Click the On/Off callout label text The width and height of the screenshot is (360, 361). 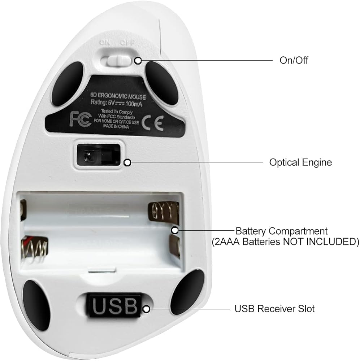(x=294, y=60)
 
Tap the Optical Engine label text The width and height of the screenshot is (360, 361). (x=300, y=162)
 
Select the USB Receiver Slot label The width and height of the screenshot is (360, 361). (x=274, y=309)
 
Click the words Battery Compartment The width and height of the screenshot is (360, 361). (x=282, y=231)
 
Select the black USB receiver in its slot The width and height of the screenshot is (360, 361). (x=114, y=306)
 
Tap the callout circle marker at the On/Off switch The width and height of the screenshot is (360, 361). (x=138, y=61)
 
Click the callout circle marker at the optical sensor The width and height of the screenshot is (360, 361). (x=127, y=163)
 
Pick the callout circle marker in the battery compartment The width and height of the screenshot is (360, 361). (x=175, y=230)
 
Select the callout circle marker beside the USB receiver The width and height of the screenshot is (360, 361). (x=146, y=309)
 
